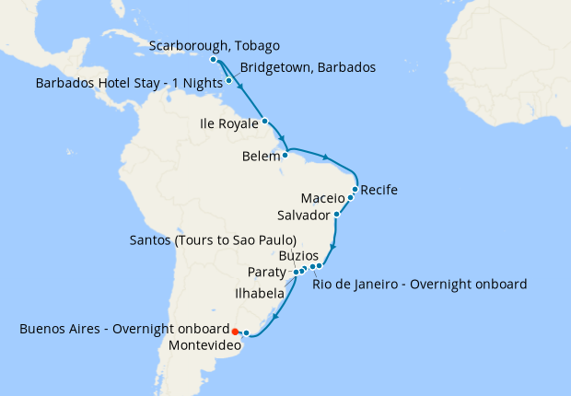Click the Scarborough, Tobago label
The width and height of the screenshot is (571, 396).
point(214,46)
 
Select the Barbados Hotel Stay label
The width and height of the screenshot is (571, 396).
point(129,83)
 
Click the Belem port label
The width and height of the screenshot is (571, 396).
point(261,157)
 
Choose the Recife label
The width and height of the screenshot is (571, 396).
point(379,191)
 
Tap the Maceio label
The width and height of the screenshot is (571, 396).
point(322,198)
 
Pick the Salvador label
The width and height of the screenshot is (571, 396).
point(303,215)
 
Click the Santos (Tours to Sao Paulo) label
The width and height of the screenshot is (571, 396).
point(213,240)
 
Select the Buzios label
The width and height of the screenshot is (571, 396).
point(298,255)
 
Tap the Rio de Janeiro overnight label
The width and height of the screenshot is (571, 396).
point(419,284)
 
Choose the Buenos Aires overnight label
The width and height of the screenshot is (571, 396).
point(123,329)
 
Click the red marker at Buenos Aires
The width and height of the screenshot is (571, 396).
point(235,332)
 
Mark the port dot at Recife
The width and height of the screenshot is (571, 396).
point(355,190)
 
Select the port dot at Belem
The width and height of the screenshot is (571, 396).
point(285,155)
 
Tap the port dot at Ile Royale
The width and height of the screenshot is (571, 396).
point(264,121)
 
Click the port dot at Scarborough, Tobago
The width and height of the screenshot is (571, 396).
point(214,60)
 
